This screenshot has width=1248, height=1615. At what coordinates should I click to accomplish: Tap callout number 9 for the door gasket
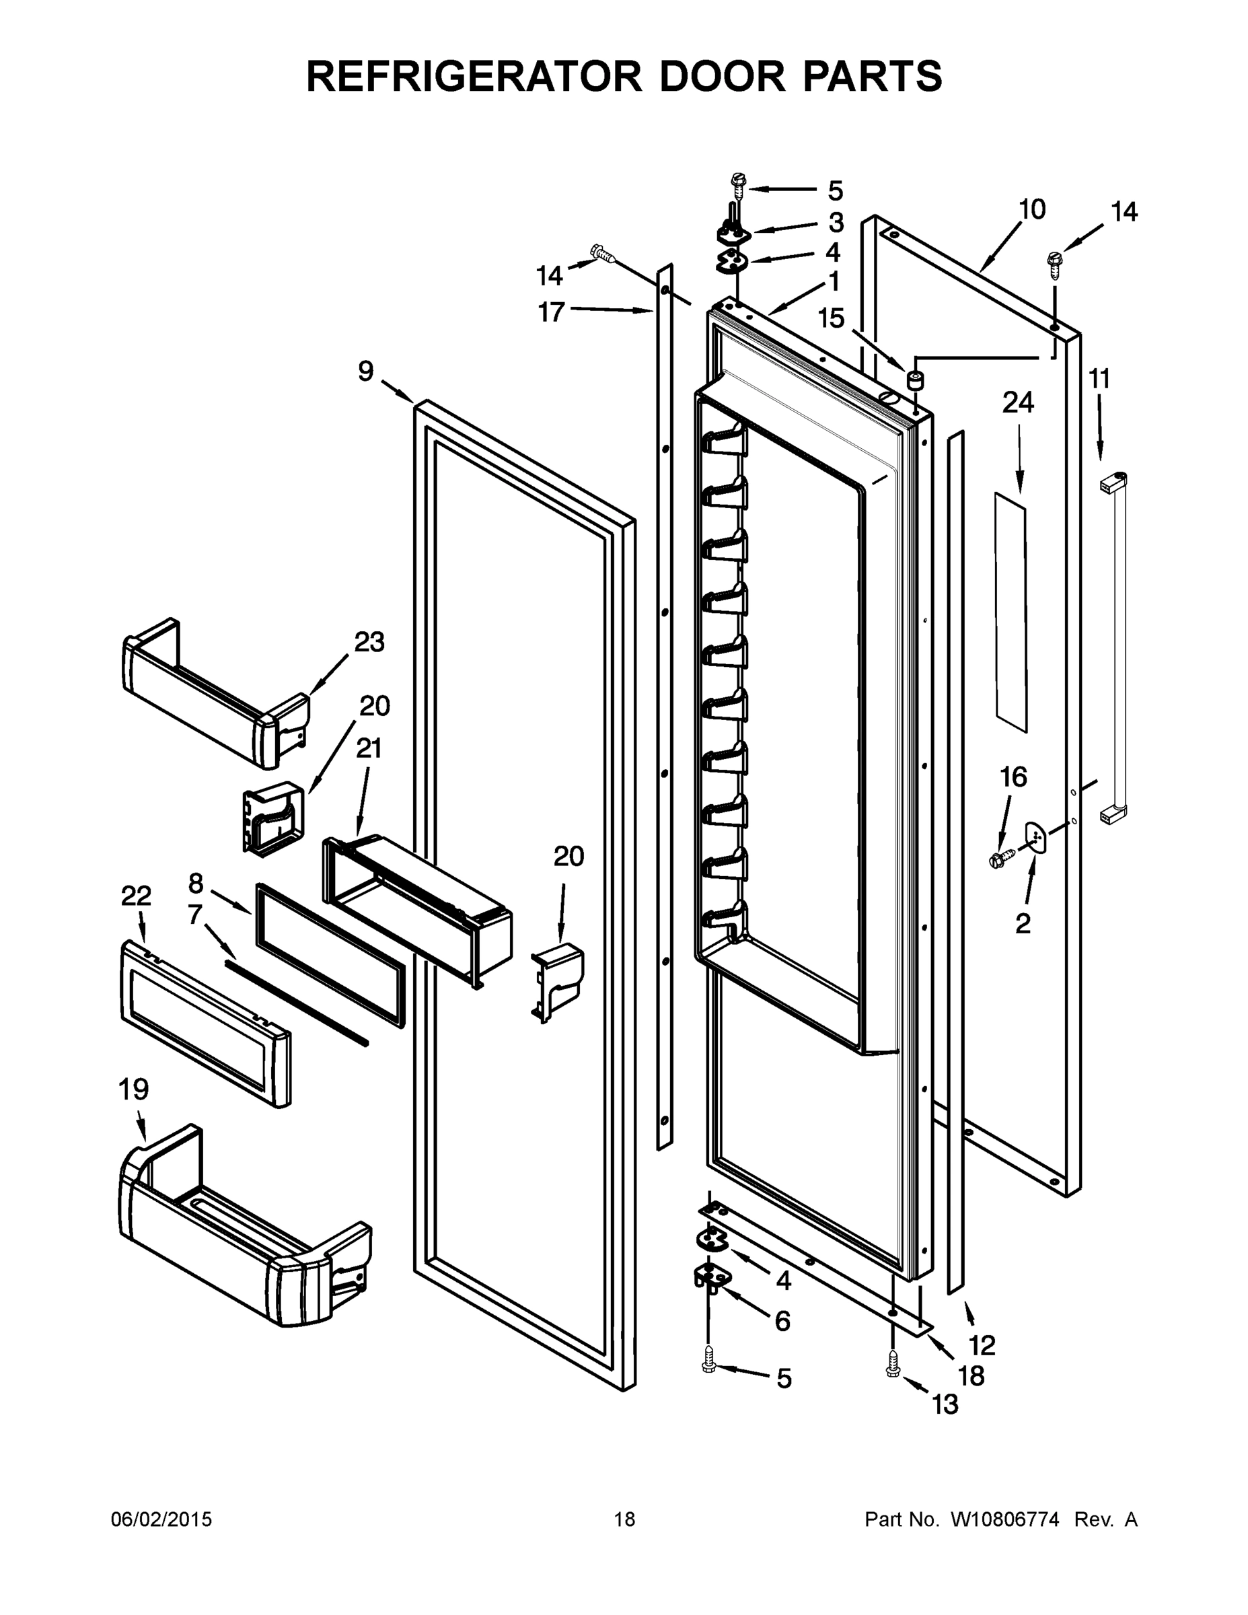point(366,371)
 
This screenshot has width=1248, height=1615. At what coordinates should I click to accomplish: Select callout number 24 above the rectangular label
point(1017,403)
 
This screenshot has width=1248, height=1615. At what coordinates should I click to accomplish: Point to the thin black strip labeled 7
point(296,1002)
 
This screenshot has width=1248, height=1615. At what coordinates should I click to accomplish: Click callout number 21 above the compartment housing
point(368,749)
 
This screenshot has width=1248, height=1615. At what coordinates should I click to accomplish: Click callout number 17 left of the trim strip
point(551,312)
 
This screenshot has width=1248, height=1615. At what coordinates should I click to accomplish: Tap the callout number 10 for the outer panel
point(1032,210)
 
